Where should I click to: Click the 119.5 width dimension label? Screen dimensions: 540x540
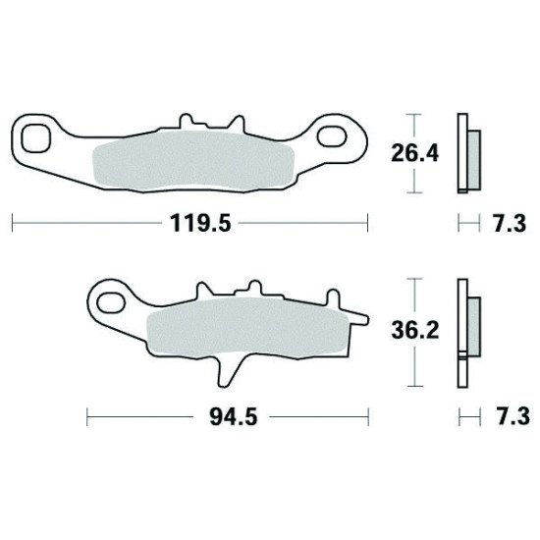(200, 223)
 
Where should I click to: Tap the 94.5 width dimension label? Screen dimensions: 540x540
(234, 417)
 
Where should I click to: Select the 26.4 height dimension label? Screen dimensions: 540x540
(415, 153)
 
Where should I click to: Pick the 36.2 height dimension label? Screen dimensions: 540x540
(415, 331)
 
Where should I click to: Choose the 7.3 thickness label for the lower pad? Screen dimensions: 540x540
(513, 416)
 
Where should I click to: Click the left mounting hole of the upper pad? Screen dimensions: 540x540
(36, 138)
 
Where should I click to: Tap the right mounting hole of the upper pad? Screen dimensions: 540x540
(331, 136)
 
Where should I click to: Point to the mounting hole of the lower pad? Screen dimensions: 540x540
(111, 303)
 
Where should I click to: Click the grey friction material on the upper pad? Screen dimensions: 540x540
(193, 161)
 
